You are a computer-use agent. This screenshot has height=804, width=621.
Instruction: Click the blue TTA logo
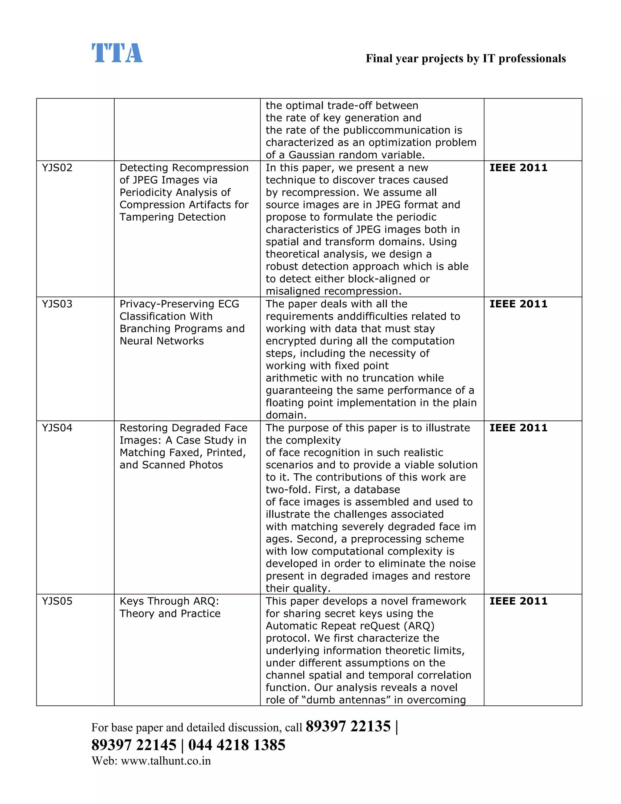117,53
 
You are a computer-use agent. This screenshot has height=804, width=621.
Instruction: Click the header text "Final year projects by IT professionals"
465,59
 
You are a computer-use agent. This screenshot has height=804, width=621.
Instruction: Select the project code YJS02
57,168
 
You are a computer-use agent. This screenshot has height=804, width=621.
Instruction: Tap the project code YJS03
57,304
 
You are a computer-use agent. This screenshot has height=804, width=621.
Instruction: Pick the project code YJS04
57,428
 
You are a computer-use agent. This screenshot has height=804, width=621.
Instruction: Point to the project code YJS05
57,601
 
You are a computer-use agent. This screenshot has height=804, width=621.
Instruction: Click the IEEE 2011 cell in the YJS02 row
518,168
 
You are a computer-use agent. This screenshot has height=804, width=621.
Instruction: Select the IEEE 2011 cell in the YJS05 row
518,601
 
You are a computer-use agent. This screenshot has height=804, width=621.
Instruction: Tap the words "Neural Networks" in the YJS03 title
162,341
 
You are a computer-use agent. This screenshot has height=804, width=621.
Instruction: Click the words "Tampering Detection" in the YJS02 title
172,217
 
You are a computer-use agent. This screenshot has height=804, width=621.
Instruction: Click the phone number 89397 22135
348,727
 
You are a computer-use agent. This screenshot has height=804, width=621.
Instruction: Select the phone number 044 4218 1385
237,745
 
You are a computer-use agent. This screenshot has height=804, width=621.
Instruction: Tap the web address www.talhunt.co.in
166,761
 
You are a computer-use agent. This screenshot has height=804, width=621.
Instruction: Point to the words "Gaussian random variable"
356,155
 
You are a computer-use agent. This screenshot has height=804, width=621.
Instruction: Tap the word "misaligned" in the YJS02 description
293,291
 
